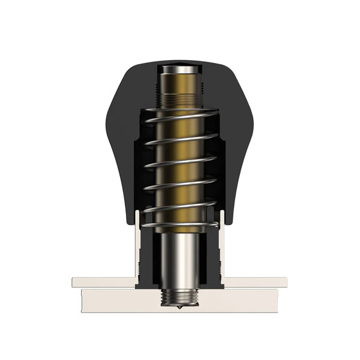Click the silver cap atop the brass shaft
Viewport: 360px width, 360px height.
(178, 70)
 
